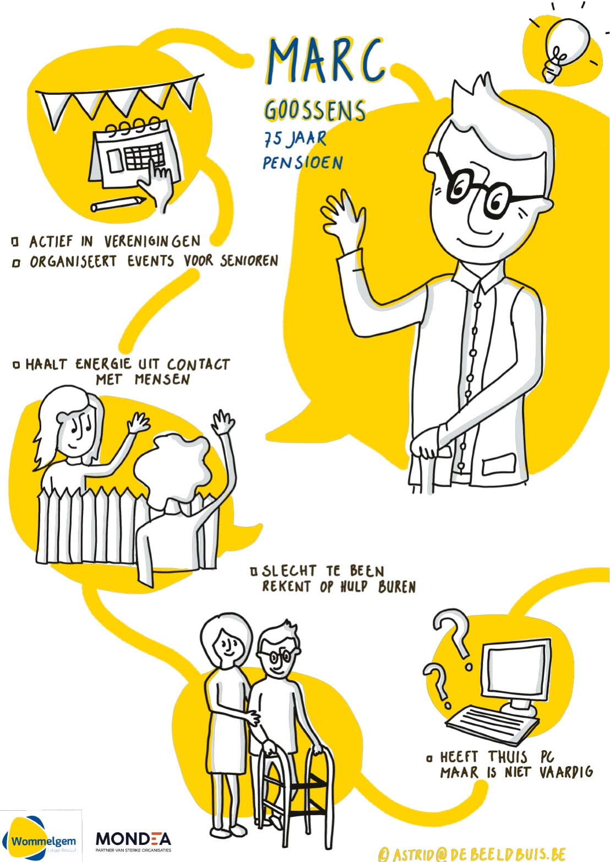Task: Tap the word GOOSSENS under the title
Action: coord(315,110)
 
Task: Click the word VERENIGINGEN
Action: coord(152,241)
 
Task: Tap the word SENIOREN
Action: coord(249,261)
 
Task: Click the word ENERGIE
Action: coord(103,364)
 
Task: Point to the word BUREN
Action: coord(397,586)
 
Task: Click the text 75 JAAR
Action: coord(295,138)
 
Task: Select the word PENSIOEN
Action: coord(303,163)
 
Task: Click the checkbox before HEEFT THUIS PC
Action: coord(429,758)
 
